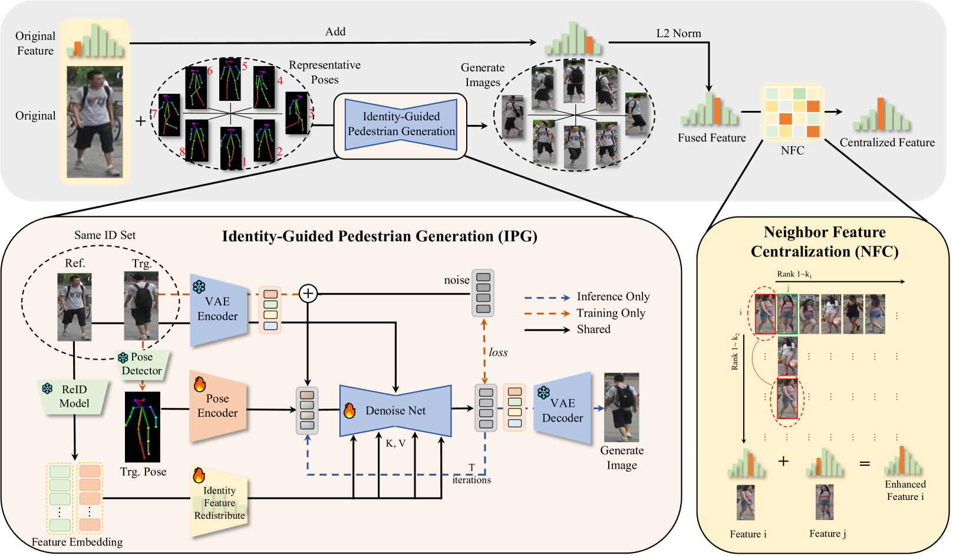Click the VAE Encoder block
(x=217, y=310)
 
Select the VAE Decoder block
(x=562, y=409)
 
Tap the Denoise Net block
(x=395, y=410)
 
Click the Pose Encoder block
(x=217, y=406)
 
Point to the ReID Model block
(x=74, y=397)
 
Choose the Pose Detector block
(x=141, y=364)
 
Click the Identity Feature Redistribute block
(x=219, y=503)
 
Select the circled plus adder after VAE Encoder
(x=308, y=293)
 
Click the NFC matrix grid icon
(x=792, y=112)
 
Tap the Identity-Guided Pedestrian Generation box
(x=401, y=124)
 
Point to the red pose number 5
(x=245, y=66)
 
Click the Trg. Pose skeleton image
(x=143, y=426)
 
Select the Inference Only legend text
(x=613, y=297)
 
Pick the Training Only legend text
(x=611, y=313)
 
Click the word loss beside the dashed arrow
(x=498, y=353)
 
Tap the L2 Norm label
(x=678, y=34)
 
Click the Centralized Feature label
(x=887, y=143)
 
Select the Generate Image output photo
(x=621, y=407)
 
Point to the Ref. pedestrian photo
(x=74, y=307)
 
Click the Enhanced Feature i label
(x=905, y=491)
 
